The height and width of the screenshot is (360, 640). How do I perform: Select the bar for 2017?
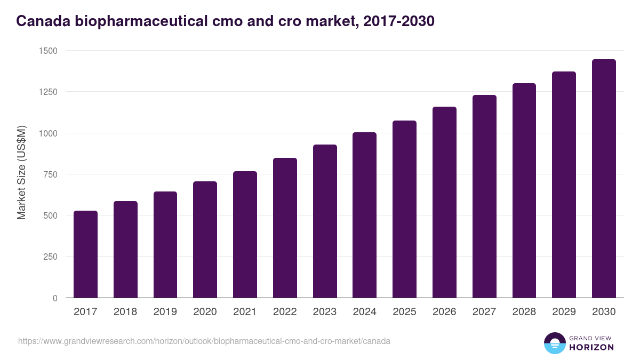(x=85, y=254)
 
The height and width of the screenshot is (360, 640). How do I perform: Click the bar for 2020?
(x=205, y=240)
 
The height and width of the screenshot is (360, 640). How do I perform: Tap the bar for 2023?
(x=325, y=221)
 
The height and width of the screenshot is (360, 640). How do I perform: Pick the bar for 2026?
(x=444, y=203)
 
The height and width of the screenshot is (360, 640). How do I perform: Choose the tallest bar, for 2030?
(x=604, y=179)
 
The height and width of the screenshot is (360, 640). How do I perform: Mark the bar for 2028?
(x=524, y=190)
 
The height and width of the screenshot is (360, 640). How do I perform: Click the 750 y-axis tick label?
(x=50, y=174)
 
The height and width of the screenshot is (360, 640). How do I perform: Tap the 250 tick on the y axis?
(x=50, y=257)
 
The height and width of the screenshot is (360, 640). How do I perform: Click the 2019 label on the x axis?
(x=165, y=312)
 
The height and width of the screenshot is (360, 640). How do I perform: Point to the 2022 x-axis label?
(x=285, y=312)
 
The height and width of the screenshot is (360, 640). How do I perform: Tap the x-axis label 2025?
(x=404, y=312)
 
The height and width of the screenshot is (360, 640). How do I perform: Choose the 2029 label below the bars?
(x=564, y=312)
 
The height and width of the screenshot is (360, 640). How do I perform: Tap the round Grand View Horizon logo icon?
(x=555, y=343)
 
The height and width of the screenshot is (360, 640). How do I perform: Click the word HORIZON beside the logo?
(x=592, y=347)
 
